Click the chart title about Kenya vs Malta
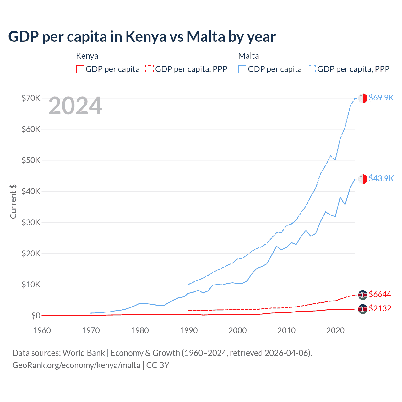(142, 37)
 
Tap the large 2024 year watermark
(75, 106)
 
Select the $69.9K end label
(381, 98)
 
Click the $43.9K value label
(381, 178)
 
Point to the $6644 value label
(380, 294)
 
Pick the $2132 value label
(380, 308)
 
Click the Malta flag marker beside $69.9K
(363, 98)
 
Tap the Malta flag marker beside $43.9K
(363, 179)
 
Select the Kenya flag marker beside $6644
(363, 295)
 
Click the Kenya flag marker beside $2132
(363, 309)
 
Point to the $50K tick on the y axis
(31, 160)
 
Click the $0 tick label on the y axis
(35, 316)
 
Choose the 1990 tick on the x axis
(188, 330)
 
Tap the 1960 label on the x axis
(42, 330)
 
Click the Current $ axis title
(13, 201)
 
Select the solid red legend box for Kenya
(80, 69)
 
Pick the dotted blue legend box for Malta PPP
(312, 69)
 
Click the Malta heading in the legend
(248, 56)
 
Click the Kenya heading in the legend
(87, 56)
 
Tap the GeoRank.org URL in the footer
(76, 365)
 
